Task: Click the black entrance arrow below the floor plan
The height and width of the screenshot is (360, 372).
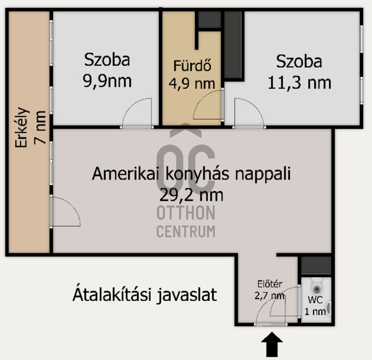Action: click(x=272, y=344)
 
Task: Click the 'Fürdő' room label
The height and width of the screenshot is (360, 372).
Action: click(x=192, y=66)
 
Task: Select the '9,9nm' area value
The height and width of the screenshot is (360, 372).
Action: click(x=107, y=81)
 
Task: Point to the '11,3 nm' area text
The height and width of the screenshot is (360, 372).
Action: click(x=299, y=83)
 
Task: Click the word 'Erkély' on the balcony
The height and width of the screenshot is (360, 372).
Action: click(x=22, y=128)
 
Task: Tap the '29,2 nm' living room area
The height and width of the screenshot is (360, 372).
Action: click(x=191, y=195)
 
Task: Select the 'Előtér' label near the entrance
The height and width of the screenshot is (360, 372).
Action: click(x=270, y=284)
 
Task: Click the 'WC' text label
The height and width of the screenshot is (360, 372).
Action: click(x=315, y=300)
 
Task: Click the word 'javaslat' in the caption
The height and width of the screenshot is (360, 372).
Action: click(x=187, y=295)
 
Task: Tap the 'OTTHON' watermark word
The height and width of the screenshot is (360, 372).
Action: click(x=186, y=213)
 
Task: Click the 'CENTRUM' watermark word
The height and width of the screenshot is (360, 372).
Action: click(x=186, y=231)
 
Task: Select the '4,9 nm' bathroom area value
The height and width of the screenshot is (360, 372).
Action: click(x=192, y=84)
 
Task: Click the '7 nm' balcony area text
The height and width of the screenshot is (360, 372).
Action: click(x=40, y=128)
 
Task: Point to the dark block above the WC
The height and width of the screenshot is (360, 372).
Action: click(x=316, y=265)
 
